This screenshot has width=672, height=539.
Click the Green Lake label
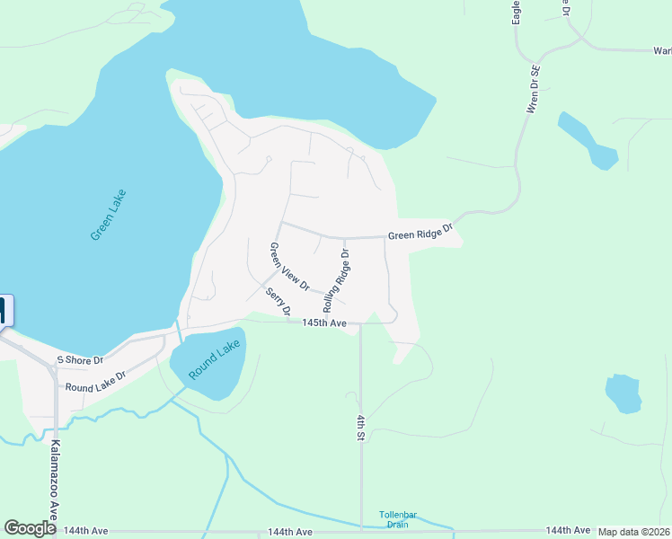coord(109,215)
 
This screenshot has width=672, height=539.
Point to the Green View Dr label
coord(289,268)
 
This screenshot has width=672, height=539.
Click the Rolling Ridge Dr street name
coord(335,281)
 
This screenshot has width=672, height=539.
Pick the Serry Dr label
coord(279,301)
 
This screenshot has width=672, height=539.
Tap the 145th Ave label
coord(324,323)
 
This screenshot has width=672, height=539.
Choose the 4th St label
coord(359,427)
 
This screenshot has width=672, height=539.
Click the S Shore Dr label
coord(80,359)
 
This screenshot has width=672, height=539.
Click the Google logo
coord(30,528)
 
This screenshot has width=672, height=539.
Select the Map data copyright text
coord(634,532)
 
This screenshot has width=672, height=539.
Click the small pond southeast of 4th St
coord(623,393)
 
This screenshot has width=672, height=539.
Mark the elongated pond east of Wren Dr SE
coord(588,140)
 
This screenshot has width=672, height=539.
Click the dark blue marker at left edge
coord(4,311)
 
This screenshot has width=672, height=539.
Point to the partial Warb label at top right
coord(661,50)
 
